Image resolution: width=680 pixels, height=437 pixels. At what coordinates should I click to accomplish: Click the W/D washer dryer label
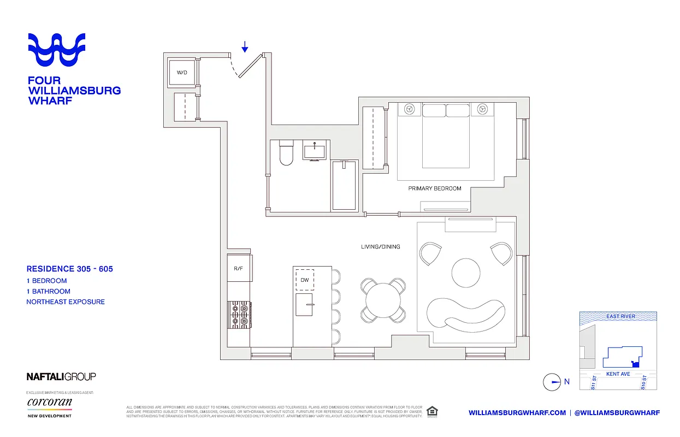point(182,72)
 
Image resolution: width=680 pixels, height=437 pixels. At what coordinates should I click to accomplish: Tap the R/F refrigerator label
point(238,268)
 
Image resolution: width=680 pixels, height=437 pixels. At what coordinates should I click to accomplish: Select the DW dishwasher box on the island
point(305,280)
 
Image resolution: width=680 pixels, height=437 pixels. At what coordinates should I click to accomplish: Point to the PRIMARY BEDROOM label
point(435,188)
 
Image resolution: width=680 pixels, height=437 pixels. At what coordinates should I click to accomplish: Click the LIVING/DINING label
point(380,247)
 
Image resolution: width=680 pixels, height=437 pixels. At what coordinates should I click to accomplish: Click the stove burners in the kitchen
point(239,315)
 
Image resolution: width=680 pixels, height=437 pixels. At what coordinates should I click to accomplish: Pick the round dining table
point(383,299)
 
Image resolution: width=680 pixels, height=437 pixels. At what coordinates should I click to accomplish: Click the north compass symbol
point(552,382)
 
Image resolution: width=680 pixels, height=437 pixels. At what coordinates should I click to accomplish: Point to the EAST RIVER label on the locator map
point(620,316)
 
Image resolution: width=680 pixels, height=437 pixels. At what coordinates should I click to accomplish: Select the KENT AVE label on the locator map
point(618,374)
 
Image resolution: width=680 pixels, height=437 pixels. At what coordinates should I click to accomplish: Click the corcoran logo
point(50,403)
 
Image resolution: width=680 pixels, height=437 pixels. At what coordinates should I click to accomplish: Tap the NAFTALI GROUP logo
point(61,376)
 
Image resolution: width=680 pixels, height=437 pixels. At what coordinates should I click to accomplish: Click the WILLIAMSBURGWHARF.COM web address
point(517,412)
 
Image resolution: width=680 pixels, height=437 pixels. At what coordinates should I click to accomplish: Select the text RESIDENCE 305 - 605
point(70,269)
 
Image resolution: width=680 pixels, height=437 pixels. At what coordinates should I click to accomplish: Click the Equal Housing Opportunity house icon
point(432,411)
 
